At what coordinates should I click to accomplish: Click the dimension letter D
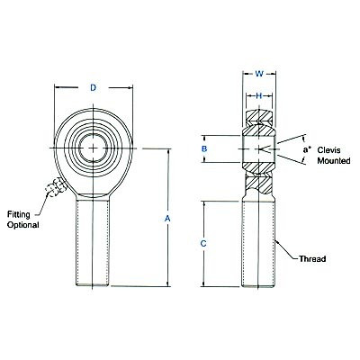click(94, 87)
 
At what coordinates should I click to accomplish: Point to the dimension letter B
click(205, 148)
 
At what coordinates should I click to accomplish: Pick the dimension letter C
click(204, 243)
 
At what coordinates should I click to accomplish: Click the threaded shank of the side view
click(258, 243)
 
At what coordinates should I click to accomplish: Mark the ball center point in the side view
click(258, 148)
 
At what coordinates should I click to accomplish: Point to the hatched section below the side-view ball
click(258, 184)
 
